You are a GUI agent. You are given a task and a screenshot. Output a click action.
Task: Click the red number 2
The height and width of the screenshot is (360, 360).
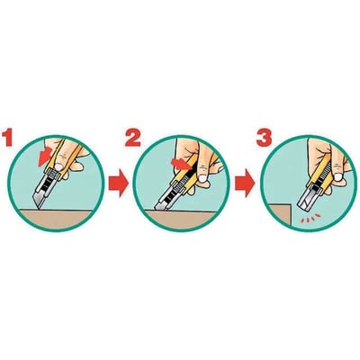[x=133, y=140]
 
